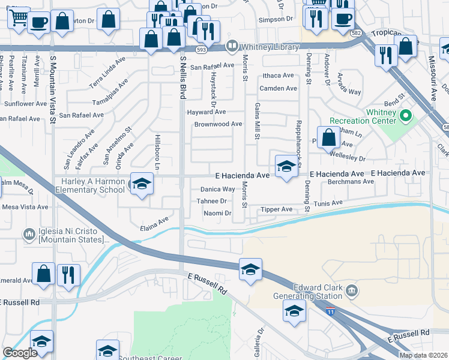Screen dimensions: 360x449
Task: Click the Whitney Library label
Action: pos(270,46)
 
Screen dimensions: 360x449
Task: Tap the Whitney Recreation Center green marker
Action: pos(406,115)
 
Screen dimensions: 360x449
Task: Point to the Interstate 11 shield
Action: pos(330,311)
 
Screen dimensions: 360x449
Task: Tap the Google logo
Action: pos(20,353)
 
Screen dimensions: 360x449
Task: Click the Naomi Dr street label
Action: pos(217,213)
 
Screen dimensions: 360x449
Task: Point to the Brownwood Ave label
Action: pos(218,124)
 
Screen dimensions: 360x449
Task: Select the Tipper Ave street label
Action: pos(277,209)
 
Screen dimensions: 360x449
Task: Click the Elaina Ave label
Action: pos(154,224)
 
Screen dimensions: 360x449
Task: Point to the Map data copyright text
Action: pos(423,355)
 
